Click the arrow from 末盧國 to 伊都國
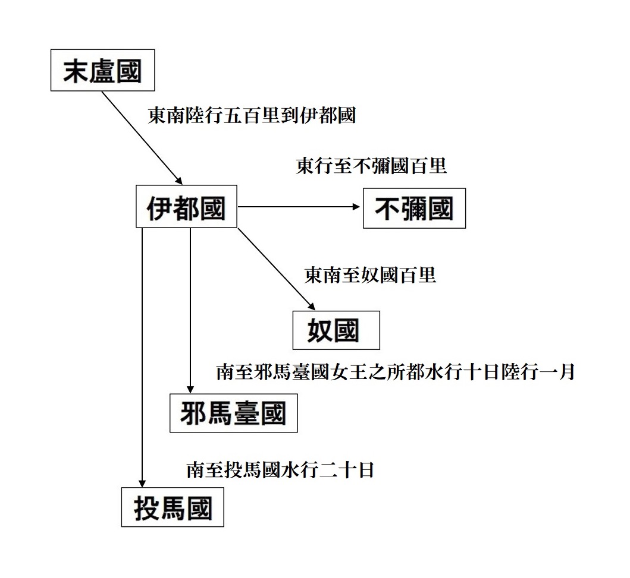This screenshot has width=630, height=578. click(x=142, y=138)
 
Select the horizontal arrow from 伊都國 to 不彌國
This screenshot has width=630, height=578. click(x=299, y=207)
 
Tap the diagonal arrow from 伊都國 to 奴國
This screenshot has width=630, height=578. click(x=277, y=269)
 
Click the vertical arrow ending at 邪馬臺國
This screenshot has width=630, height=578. click(x=190, y=310)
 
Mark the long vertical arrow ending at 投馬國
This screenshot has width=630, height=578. click(x=142, y=357)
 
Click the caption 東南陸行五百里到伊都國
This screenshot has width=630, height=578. click(x=252, y=115)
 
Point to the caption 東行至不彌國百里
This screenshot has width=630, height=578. click(x=371, y=166)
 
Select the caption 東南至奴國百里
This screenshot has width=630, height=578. click(x=370, y=275)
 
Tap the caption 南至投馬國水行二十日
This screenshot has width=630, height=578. click(x=280, y=470)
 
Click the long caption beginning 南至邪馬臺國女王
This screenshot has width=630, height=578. click(x=396, y=372)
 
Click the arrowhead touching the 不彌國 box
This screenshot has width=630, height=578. click(x=356, y=207)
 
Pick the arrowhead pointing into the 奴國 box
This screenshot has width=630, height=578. click(x=311, y=306)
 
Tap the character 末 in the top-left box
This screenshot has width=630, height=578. click(x=76, y=71)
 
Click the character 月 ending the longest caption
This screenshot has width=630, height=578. click(x=566, y=372)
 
